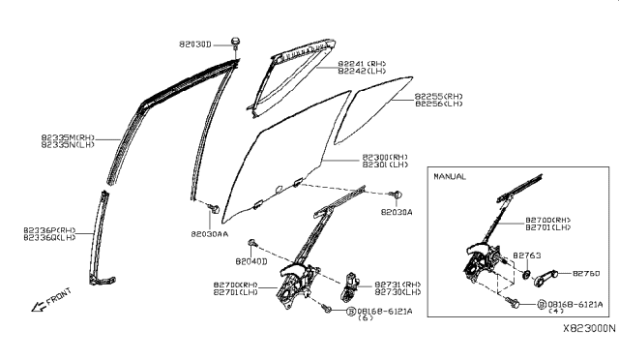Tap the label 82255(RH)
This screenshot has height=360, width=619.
click(x=439, y=96)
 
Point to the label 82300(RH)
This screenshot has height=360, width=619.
click(x=385, y=157)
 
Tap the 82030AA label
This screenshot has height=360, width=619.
click(x=209, y=234)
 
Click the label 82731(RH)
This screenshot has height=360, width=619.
click(x=398, y=283)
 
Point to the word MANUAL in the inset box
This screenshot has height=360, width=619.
click(x=451, y=177)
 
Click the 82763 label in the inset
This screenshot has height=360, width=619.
click(x=526, y=255)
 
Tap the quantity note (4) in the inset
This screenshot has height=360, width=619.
click(x=555, y=312)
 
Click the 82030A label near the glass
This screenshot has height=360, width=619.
click(x=396, y=212)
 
